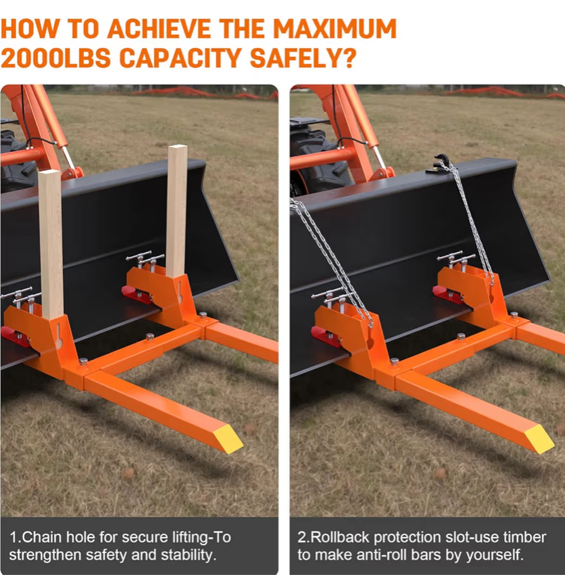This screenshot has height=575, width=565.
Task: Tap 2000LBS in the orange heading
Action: (x=55, y=58)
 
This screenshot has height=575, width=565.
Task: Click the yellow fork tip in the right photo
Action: (x=539, y=439)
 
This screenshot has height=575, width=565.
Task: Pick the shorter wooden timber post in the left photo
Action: (x=51, y=244)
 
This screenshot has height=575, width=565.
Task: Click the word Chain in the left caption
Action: (x=43, y=537)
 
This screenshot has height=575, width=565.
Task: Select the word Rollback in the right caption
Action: (x=340, y=537)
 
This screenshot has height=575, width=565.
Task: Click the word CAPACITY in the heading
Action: (x=180, y=58)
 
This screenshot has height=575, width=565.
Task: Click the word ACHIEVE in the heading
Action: (x=159, y=29)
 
